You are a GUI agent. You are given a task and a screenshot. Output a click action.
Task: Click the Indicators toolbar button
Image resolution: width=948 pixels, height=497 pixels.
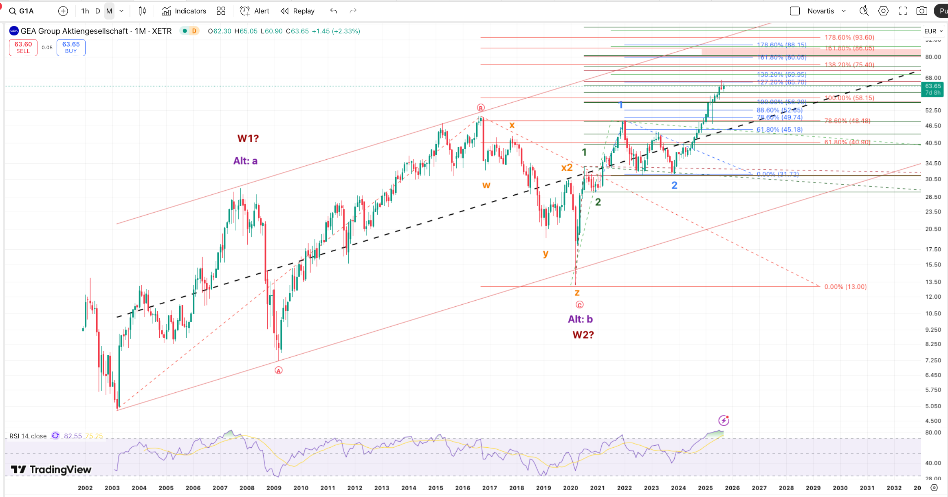(x=184, y=11)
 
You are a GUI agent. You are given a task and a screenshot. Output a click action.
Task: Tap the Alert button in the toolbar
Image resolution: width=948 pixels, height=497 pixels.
(x=255, y=11)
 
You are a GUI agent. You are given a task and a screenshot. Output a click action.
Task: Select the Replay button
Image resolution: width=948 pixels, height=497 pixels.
(x=298, y=11)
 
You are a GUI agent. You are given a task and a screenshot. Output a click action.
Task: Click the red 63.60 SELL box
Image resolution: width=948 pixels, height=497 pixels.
(x=23, y=47)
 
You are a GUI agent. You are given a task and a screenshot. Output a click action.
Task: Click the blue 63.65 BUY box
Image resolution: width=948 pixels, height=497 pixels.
(x=71, y=47)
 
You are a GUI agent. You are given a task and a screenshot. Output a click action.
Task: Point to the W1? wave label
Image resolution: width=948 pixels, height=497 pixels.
(x=248, y=139)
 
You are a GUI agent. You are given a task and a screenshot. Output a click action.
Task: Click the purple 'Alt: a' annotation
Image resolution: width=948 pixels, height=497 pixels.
(x=245, y=161)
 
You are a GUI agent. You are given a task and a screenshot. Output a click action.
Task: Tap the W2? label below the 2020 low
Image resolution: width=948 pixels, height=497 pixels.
(x=583, y=335)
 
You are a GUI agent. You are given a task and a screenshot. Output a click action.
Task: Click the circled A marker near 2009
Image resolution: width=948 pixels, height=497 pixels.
(x=279, y=370)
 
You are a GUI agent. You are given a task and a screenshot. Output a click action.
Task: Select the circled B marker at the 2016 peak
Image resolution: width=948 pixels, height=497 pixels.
(x=481, y=108)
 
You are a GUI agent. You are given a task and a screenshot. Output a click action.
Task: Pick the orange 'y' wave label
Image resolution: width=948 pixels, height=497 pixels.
(x=545, y=253)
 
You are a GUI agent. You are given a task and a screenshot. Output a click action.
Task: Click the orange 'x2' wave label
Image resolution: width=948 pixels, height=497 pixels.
(x=567, y=167)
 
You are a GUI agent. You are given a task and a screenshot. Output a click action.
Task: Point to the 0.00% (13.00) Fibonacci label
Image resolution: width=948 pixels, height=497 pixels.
(x=845, y=287)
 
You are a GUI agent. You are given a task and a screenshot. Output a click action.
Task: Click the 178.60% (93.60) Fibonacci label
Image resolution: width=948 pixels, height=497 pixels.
(x=849, y=37)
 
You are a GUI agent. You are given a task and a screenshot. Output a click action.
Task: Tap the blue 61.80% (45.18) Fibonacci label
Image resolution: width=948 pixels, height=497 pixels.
(x=779, y=130)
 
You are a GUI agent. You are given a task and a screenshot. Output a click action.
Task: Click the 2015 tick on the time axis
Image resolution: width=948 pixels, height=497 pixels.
(x=436, y=488)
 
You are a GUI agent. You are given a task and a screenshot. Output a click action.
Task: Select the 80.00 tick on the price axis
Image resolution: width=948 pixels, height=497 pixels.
(x=933, y=57)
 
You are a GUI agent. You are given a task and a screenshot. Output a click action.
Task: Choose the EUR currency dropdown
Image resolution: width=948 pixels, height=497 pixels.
(x=933, y=31)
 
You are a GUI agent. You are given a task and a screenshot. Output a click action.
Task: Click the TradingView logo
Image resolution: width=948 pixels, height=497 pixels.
(x=51, y=470)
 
